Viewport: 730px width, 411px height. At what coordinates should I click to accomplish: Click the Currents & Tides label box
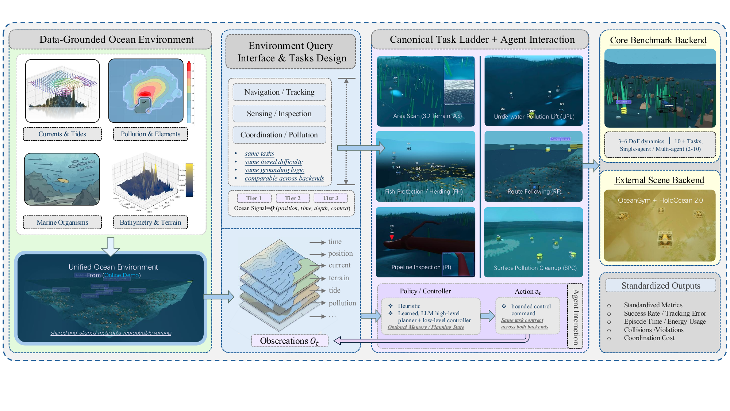click(x=62, y=134)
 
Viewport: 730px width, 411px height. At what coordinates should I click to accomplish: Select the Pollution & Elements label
click(x=150, y=134)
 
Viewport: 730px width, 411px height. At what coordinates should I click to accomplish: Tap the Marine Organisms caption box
click(x=62, y=222)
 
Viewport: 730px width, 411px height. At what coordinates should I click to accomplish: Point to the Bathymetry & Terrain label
click(x=150, y=222)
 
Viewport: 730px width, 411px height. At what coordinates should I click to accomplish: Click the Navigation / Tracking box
click(x=279, y=92)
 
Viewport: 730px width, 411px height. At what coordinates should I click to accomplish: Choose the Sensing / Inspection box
click(x=279, y=114)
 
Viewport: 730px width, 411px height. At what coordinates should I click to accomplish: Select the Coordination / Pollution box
click(x=279, y=135)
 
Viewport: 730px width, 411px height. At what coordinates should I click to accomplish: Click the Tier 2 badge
click(x=293, y=198)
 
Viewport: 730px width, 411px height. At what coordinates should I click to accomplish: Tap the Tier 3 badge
click(x=330, y=198)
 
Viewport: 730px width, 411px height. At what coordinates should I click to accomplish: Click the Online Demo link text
click(x=122, y=275)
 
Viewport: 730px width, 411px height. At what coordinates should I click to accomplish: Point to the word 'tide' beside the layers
click(x=334, y=290)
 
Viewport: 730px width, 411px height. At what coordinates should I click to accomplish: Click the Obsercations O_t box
click(x=289, y=341)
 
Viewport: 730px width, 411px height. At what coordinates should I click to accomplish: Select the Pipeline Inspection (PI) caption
click(x=421, y=267)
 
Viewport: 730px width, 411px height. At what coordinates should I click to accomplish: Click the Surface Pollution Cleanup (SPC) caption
click(x=535, y=268)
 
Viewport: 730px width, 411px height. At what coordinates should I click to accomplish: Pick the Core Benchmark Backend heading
click(x=658, y=40)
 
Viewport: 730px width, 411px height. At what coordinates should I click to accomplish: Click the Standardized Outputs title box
click(x=661, y=286)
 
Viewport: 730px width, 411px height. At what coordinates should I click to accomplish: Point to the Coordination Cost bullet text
click(x=649, y=338)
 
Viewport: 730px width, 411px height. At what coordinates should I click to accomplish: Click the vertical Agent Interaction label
click(x=575, y=316)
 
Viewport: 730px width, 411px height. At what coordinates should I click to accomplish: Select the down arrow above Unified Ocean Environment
click(x=111, y=246)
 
